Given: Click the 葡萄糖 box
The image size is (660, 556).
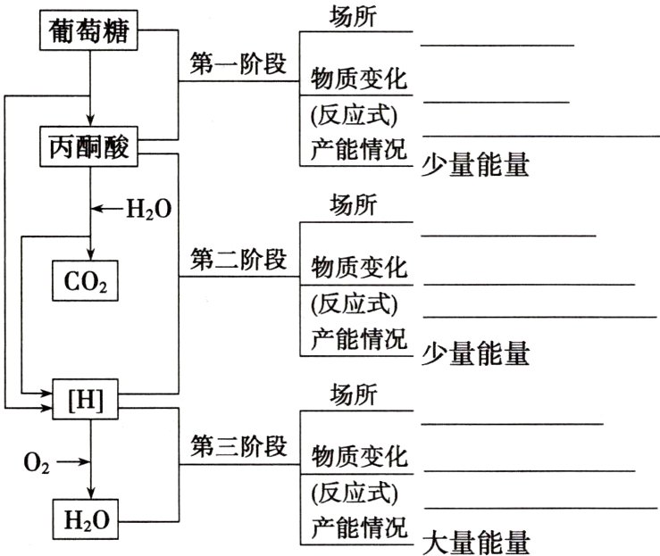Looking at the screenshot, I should click(x=89, y=34).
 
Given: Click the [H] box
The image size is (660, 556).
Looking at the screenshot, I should click(x=87, y=402).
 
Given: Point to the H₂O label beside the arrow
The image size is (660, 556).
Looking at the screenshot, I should click(x=147, y=210).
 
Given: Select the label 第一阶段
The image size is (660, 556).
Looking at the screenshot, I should click(x=238, y=64).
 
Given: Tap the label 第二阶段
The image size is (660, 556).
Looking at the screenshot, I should click(x=238, y=261).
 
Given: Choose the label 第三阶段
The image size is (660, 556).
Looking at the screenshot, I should click(x=238, y=446).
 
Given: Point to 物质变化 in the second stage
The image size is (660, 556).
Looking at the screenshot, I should click(x=358, y=265).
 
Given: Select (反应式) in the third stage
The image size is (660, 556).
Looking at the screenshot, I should click(x=354, y=491).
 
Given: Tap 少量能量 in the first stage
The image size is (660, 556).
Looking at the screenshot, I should click(x=474, y=165).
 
